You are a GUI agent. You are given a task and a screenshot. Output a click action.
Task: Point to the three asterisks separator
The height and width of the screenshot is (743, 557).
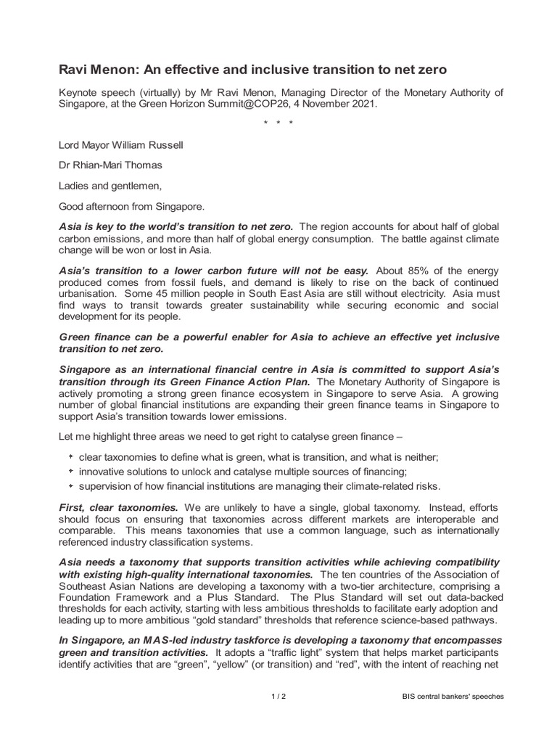coord(278,123)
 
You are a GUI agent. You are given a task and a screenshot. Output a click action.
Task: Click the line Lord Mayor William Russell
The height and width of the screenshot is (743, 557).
coord(121,144)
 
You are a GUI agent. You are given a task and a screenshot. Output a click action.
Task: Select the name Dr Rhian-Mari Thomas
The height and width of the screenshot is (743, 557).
coord(110,165)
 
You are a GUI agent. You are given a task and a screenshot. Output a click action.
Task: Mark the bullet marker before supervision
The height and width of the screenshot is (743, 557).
coord(70,485)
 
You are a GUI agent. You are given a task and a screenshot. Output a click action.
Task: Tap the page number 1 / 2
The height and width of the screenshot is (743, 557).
coord(278,697)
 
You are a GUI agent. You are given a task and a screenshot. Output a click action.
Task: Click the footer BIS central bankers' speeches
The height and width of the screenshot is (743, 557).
coord(453,697)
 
